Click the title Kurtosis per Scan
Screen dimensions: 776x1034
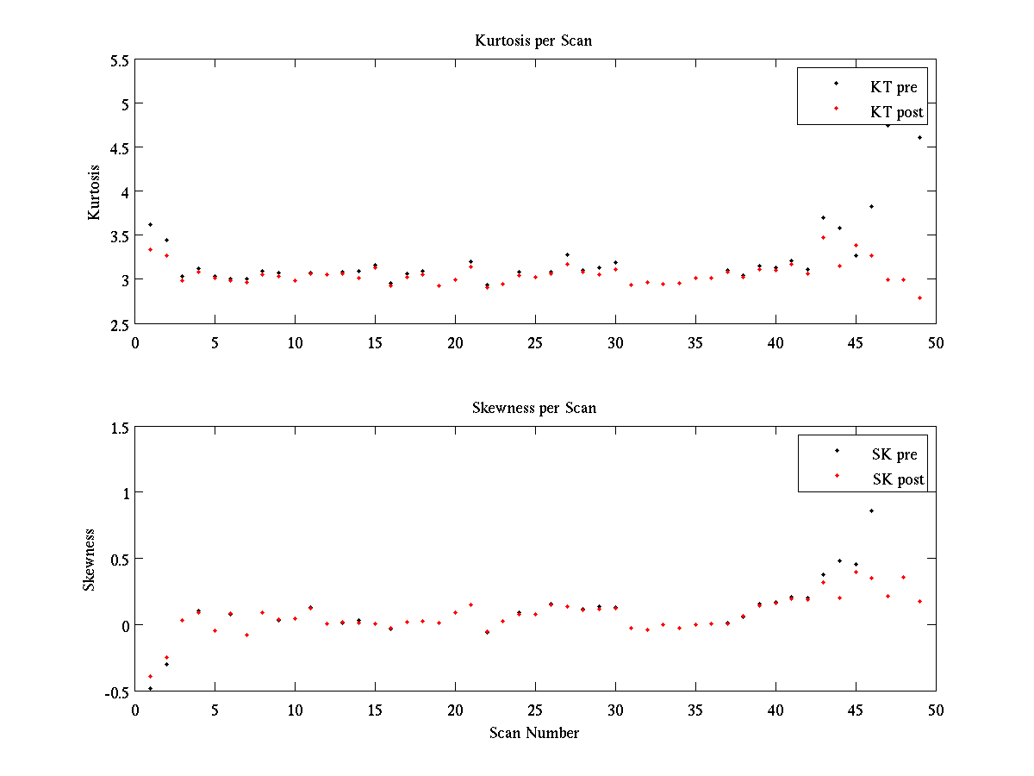point(533,41)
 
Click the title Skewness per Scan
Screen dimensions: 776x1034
point(534,408)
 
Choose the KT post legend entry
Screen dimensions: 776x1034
point(897,112)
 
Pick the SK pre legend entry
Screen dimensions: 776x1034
point(894,454)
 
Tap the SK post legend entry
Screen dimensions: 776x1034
point(898,479)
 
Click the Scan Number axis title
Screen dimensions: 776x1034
point(534,733)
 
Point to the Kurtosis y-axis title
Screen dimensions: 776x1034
point(94,191)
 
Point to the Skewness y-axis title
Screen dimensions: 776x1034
point(89,560)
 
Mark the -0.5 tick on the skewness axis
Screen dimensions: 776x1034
point(115,692)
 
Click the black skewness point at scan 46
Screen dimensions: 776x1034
point(871,511)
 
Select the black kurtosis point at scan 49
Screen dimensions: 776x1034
point(919,137)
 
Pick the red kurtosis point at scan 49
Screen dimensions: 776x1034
point(919,297)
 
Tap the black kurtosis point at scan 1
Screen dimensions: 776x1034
point(151,224)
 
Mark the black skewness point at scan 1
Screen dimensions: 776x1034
point(151,688)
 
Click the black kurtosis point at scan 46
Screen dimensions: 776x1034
point(871,206)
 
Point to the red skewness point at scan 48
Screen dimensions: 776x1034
point(903,577)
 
